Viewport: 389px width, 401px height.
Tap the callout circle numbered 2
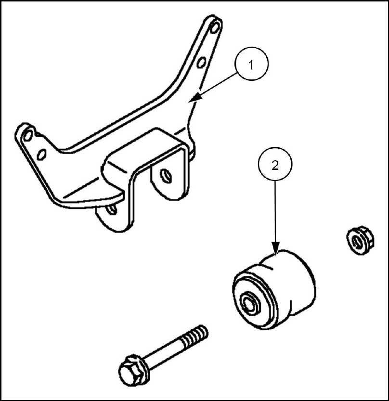(275, 165)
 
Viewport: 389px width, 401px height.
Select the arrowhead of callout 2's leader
(275, 250)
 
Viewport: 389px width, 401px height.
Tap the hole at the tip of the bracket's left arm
(27, 134)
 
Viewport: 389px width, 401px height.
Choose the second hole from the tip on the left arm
(41, 154)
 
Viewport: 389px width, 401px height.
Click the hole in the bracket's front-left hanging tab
(112, 209)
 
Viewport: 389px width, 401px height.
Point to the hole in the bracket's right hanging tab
(166, 175)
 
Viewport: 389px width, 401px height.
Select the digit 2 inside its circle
(275, 165)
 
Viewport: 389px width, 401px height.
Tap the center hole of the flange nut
(357, 238)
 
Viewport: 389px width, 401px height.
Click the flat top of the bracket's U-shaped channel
(144, 154)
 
